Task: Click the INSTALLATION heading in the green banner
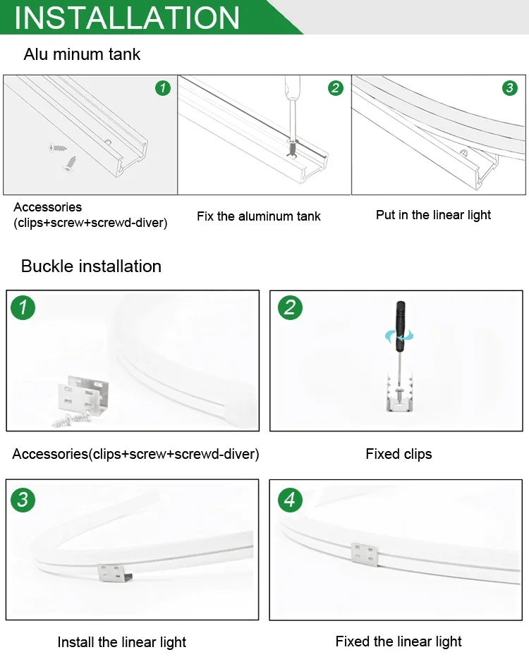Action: [x=127, y=18]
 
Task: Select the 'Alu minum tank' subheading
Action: [x=82, y=54]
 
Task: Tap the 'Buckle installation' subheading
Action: [x=91, y=266]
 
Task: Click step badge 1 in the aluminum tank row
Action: [x=163, y=88]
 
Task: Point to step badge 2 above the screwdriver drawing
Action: [x=336, y=88]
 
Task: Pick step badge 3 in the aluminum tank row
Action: [x=509, y=88]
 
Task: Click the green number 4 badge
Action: [x=290, y=500]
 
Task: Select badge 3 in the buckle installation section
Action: [x=23, y=500]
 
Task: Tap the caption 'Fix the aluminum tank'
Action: [x=259, y=216]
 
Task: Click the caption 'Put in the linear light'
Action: [x=433, y=215]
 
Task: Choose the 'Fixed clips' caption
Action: [x=399, y=454]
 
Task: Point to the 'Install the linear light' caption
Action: [x=121, y=642]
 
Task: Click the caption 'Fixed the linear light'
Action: [x=399, y=641]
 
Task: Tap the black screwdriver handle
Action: [x=400, y=326]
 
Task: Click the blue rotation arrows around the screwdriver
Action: [x=399, y=337]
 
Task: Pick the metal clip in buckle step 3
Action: [x=114, y=572]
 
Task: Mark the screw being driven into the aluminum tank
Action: [x=292, y=147]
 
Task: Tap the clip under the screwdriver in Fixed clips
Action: [x=399, y=393]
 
